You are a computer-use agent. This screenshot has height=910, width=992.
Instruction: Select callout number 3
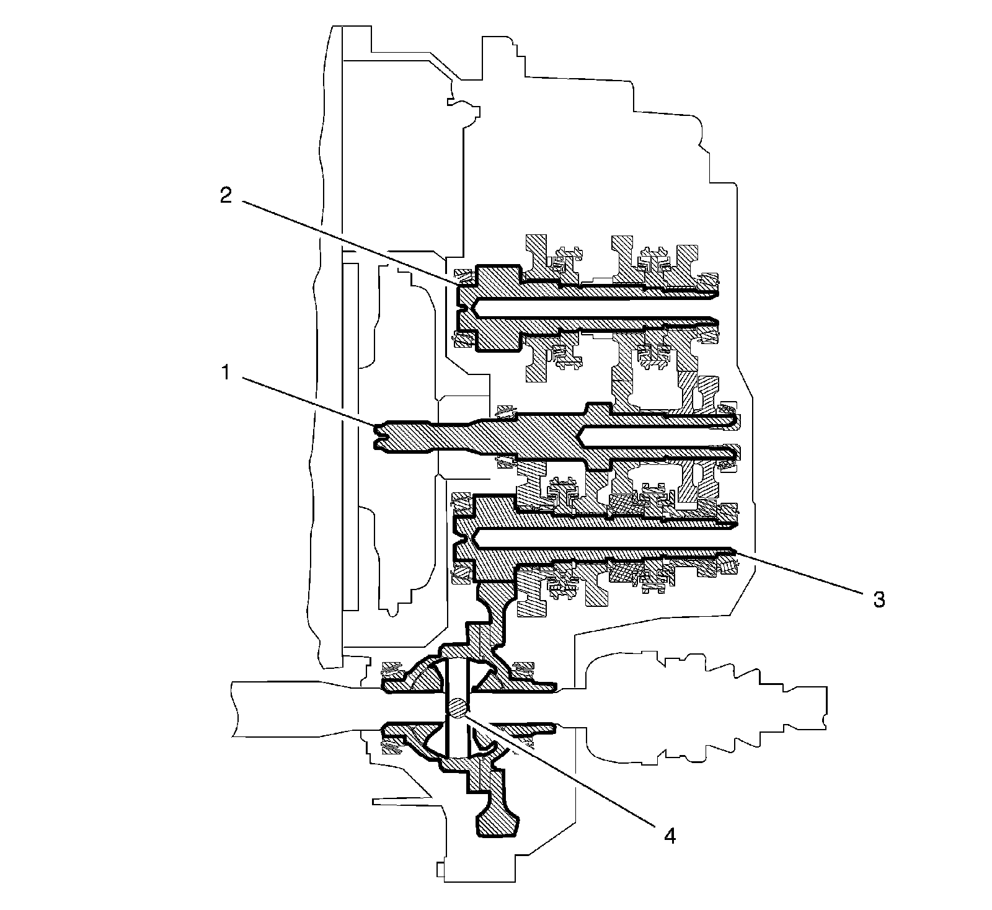pos(879,599)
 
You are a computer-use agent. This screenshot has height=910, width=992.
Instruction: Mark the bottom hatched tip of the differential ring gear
pos(496,824)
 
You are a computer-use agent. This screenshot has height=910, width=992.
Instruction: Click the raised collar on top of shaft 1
pos(598,410)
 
